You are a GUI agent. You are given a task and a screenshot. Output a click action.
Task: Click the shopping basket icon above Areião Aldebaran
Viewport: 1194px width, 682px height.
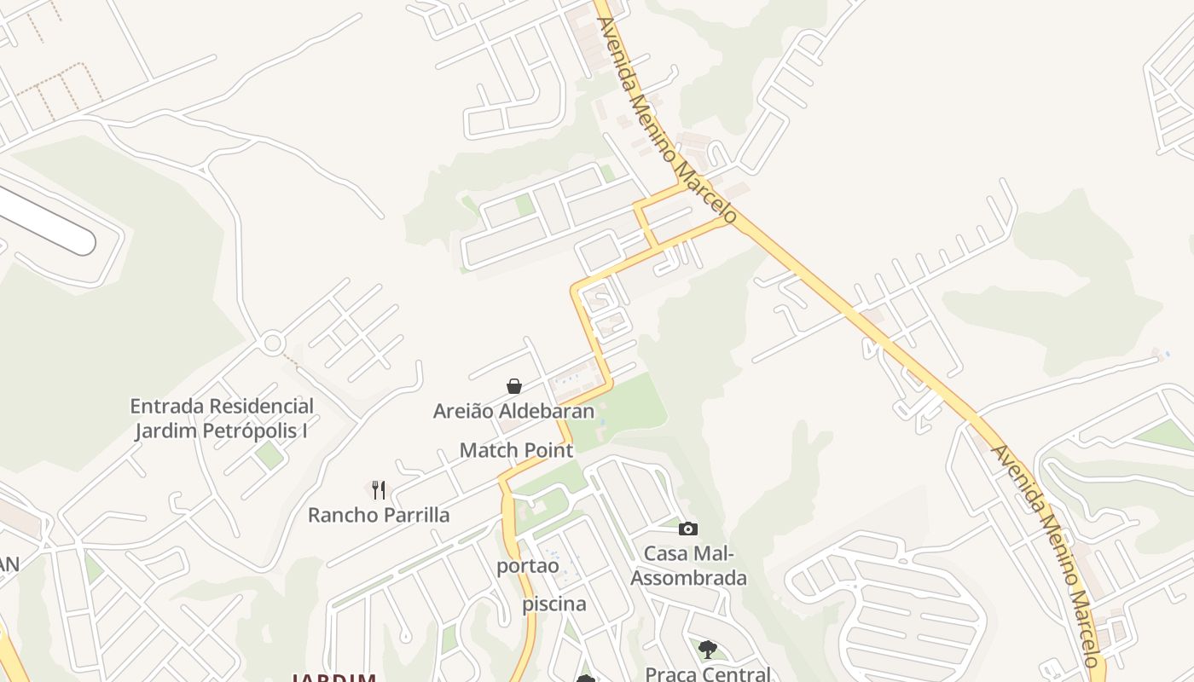[x=514, y=386]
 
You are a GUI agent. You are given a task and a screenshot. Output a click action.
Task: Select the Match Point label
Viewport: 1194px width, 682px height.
[x=516, y=450]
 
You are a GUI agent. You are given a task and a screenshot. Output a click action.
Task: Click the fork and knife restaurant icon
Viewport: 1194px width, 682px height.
[x=379, y=490]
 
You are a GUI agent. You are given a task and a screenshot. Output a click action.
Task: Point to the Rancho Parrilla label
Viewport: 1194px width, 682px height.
[x=379, y=516]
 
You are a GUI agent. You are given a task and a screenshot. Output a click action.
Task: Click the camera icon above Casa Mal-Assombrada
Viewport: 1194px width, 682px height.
[x=688, y=529]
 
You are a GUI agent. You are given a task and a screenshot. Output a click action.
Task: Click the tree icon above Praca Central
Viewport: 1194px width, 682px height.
[x=707, y=650]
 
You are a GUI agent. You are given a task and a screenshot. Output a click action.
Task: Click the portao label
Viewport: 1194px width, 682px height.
[x=528, y=566]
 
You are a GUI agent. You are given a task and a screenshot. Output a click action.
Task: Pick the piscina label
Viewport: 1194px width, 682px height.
[x=554, y=604]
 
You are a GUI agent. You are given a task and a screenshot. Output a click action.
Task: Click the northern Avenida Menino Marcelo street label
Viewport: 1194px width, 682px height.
[x=666, y=119]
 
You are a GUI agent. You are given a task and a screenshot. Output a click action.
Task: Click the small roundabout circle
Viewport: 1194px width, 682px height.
[x=273, y=344]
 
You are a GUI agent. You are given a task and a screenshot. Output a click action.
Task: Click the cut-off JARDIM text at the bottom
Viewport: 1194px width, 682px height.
[x=334, y=678]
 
